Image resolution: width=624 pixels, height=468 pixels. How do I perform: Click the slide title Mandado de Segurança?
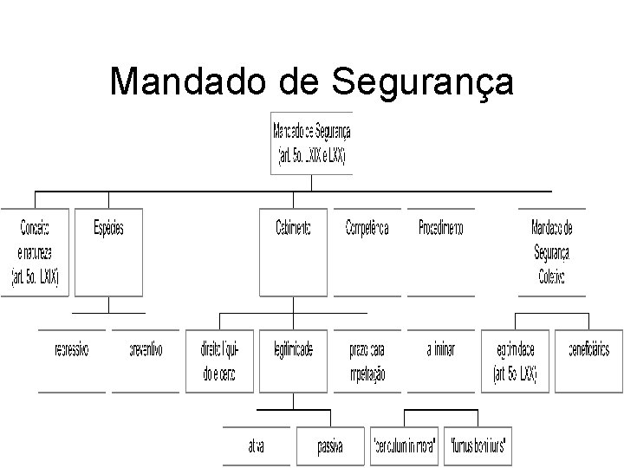pyautogui.click(x=311, y=82)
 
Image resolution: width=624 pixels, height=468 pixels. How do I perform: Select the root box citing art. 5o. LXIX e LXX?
pyautogui.click(x=311, y=143)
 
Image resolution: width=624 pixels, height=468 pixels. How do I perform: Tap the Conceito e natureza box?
pyautogui.click(x=35, y=251)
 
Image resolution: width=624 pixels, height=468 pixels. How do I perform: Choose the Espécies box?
pyautogui.click(x=108, y=251)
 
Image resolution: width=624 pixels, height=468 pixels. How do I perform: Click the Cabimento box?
pyautogui.click(x=293, y=251)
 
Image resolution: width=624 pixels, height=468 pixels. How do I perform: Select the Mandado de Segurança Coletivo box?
pyautogui.click(x=551, y=251)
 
